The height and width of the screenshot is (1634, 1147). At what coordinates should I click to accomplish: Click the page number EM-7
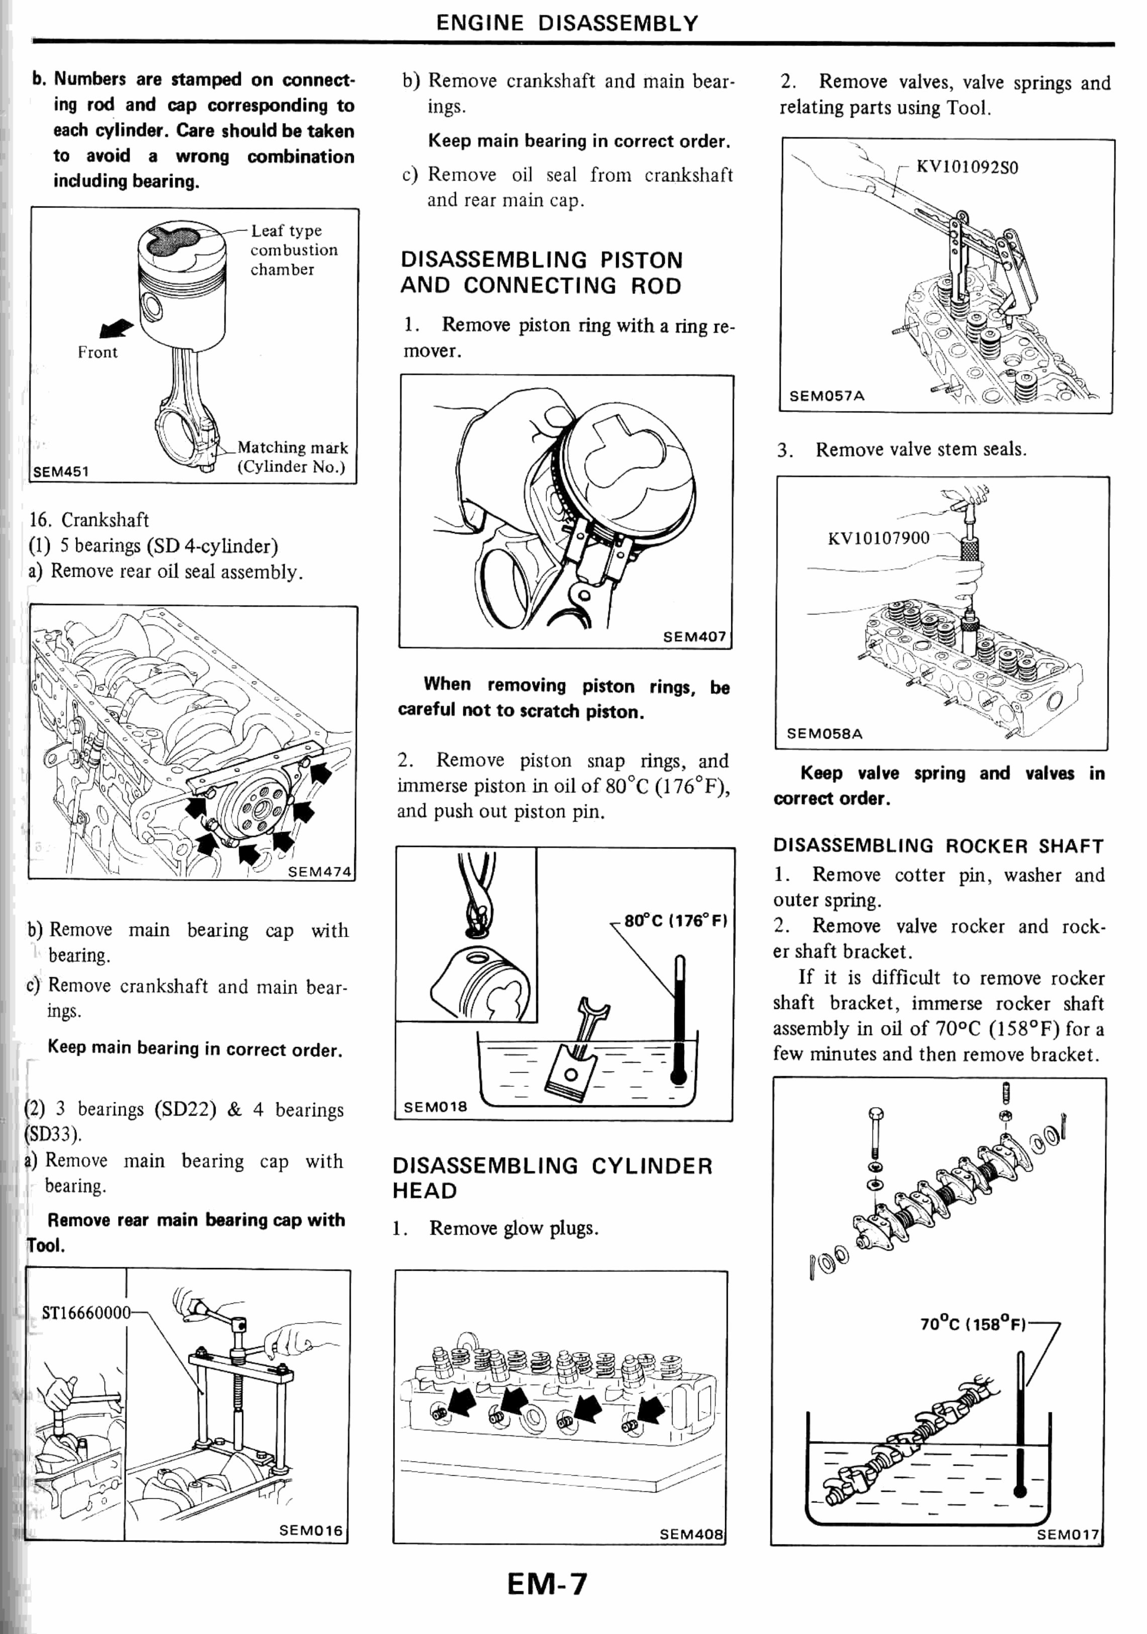coord(547,1583)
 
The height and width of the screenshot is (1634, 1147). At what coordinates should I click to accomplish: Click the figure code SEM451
coord(61,471)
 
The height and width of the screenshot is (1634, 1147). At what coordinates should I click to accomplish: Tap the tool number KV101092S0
coord(967,167)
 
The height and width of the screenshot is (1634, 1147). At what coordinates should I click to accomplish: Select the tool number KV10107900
coord(878,538)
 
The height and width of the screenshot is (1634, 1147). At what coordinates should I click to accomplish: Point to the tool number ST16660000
coord(86,1312)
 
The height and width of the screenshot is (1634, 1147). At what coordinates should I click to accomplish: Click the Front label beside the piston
coord(98,352)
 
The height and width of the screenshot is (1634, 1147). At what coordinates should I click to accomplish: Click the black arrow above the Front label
coord(116,329)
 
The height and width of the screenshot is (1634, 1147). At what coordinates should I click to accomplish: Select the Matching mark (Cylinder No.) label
coord(292,457)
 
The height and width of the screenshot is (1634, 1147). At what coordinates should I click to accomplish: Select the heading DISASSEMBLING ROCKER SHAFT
coord(938,846)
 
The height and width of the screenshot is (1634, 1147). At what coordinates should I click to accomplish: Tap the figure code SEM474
coord(320,872)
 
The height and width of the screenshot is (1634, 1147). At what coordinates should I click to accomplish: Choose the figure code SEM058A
coord(824,734)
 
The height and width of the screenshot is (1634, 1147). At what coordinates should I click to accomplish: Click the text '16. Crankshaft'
coord(89,520)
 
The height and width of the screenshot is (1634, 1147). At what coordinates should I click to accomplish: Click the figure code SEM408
coord(691,1535)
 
